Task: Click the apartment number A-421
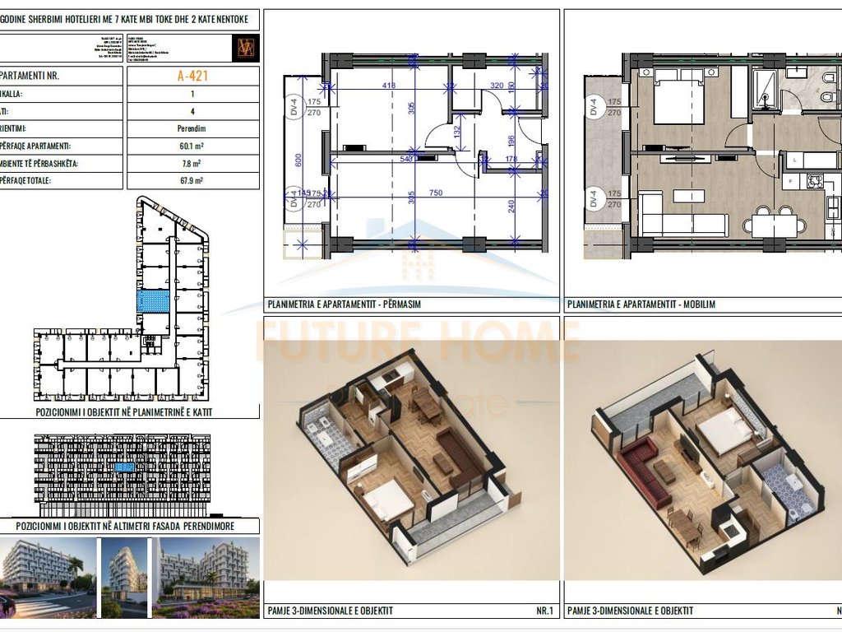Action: pyautogui.click(x=192, y=76)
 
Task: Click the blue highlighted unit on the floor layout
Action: pyautogui.click(x=152, y=301)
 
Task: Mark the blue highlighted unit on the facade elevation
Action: pyautogui.click(x=123, y=467)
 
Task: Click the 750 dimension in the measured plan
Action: pyautogui.click(x=435, y=193)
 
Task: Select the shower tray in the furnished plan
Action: pyautogui.click(x=764, y=87)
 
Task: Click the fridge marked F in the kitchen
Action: pyautogui.click(x=791, y=180)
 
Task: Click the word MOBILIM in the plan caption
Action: pyautogui.click(x=698, y=304)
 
